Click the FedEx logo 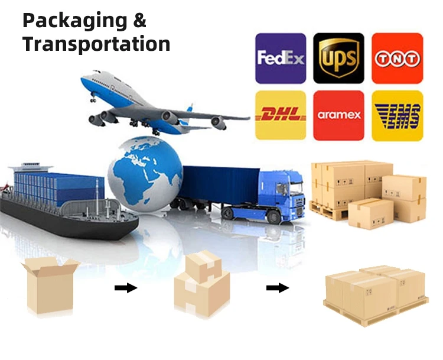pyautogui.click(x=281, y=58)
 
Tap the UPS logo pyautogui.click(x=338, y=58)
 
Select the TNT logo pyautogui.click(x=397, y=58)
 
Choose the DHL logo pyautogui.click(x=281, y=115)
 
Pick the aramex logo pyautogui.click(x=338, y=115)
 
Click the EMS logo pyautogui.click(x=397, y=115)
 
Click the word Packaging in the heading pyautogui.click(x=74, y=21)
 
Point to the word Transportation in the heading pyautogui.click(x=96, y=44)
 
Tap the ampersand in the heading pyautogui.click(x=139, y=21)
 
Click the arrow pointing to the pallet pyautogui.click(x=277, y=288)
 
